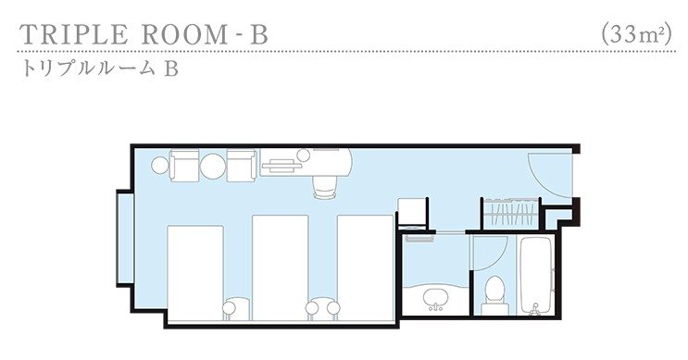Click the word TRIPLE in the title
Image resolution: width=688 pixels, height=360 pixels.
coord(74,34)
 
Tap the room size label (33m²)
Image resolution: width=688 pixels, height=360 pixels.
coord(637,33)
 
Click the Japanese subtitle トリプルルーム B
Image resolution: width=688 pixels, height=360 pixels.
coord(101,68)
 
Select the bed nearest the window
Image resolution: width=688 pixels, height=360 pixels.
coord(195,273)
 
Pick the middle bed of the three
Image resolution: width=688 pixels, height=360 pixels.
coord(280,267)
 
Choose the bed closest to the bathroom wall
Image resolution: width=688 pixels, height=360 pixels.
coord(365,267)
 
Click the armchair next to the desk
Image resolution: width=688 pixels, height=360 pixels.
coord(242,165)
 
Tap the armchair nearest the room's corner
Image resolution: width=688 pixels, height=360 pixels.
coord(184,165)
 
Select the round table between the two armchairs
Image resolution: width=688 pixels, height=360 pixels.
coord(213,166)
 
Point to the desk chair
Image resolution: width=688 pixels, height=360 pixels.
coord(325,187)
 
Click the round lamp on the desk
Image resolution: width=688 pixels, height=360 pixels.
coord(303,155)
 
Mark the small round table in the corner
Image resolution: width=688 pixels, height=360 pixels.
coord(159,166)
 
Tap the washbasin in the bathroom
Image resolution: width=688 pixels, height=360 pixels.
coord(436,299)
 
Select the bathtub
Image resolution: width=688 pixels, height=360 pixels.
coord(534,276)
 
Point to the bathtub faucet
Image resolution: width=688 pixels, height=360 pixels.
coord(534,309)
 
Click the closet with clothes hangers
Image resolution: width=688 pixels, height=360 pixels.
coord(511,214)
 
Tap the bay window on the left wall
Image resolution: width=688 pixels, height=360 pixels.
coord(125,238)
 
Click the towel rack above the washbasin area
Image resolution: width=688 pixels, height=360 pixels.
coord(419,239)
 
